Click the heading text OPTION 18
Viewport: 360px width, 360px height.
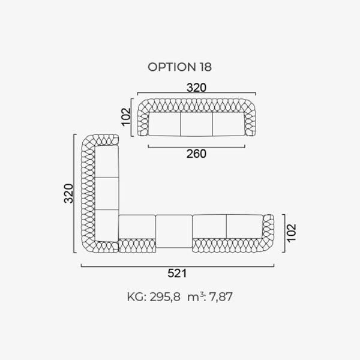coord(179,67)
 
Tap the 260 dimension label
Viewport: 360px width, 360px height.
coord(196,154)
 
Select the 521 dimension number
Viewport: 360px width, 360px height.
coord(177,273)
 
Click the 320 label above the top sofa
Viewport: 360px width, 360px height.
coord(197,88)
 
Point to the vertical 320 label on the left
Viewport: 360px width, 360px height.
coord(68,193)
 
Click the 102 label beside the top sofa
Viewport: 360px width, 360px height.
coord(126,117)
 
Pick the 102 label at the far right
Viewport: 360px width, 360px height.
coord(292,233)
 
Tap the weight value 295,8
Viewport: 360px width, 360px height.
coord(165,297)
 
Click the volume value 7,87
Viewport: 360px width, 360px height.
coord(221,297)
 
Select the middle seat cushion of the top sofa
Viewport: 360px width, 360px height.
coord(197,124)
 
